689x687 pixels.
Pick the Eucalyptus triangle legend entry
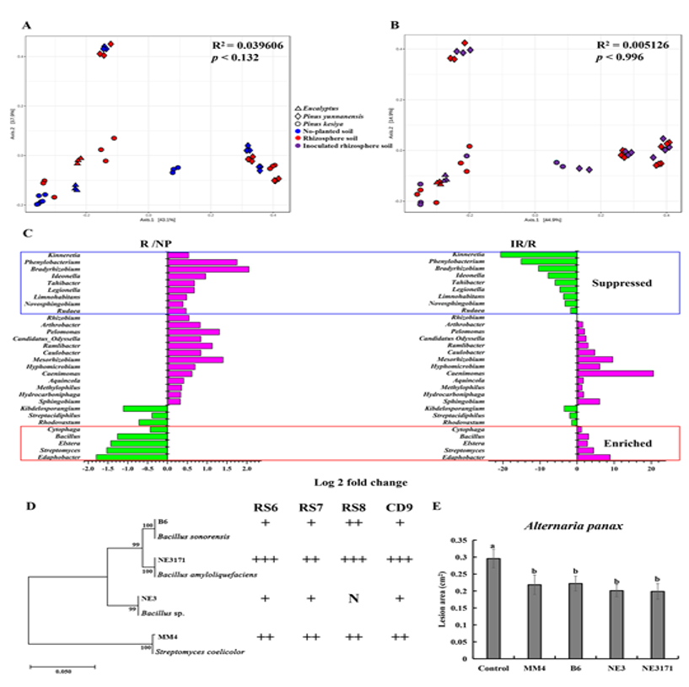320,109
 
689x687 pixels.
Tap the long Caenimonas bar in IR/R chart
615,373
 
